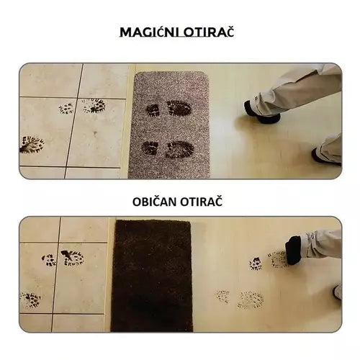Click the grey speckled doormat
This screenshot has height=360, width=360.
click(169, 125)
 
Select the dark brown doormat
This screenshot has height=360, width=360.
click(152, 276)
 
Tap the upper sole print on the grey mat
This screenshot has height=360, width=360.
click(179, 108)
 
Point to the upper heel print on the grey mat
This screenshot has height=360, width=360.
click(153, 110)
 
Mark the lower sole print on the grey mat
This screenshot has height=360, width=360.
click(179, 150)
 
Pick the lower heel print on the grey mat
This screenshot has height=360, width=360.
click(150, 148)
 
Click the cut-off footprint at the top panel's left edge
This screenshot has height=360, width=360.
click(32, 145)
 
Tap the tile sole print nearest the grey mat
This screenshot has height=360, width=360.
click(94, 106)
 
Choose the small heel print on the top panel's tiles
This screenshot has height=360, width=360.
click(66, 109)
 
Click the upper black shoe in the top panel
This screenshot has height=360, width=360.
click(261, 112)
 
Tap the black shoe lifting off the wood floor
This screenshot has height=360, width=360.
click(293, 250)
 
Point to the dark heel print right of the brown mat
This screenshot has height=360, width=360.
click(256, 264)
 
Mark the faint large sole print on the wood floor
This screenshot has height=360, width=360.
click(251, 300)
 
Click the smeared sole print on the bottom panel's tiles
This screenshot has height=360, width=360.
click(72, 258)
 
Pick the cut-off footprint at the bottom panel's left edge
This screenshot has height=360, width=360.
click(30, 300)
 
